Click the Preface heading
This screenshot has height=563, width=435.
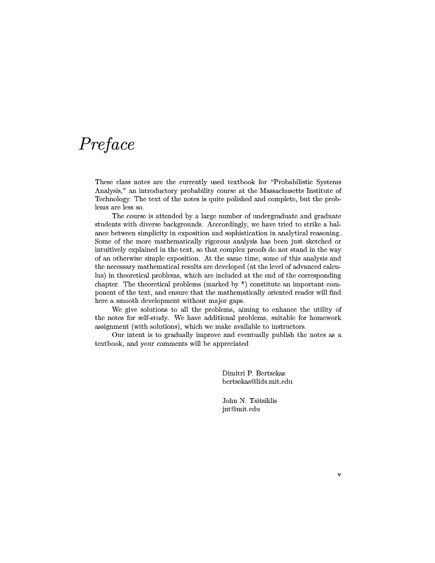point(107,145)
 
